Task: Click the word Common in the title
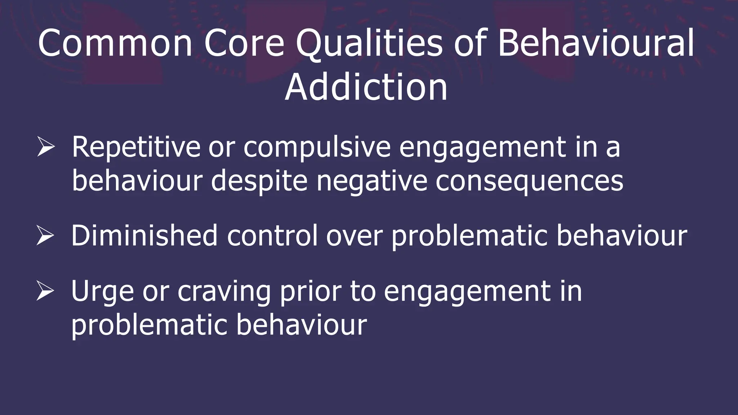pos(115,43)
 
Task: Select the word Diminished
pos(144,236)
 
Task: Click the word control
pos(272,236)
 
